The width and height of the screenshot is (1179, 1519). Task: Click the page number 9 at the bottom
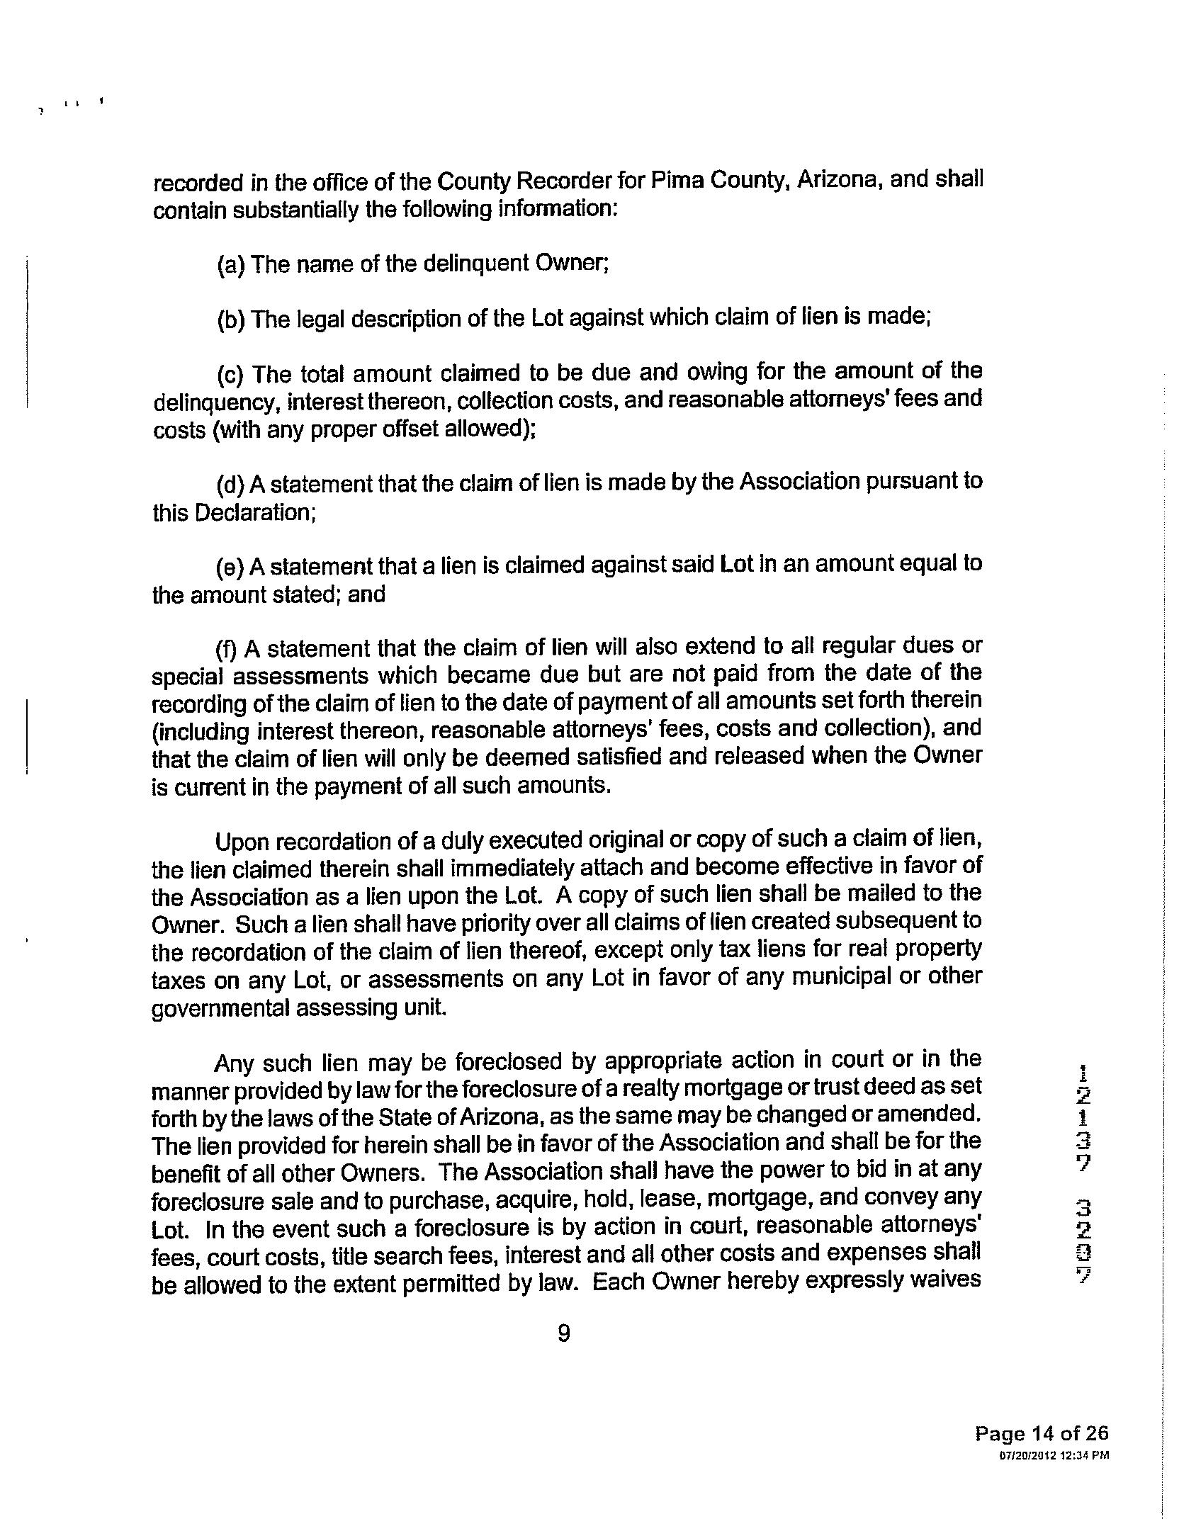564,1333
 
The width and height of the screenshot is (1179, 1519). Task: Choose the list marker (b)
231,320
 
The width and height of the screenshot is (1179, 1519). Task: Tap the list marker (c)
231,374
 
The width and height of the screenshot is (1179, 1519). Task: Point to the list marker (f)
228,649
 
